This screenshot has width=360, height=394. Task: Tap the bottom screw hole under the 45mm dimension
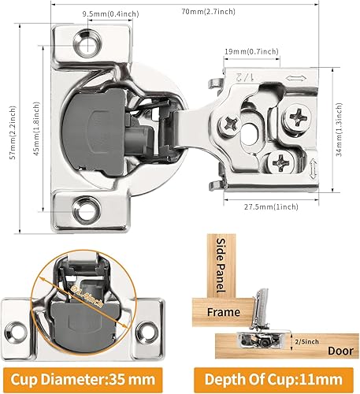click(x=84, y=208)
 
